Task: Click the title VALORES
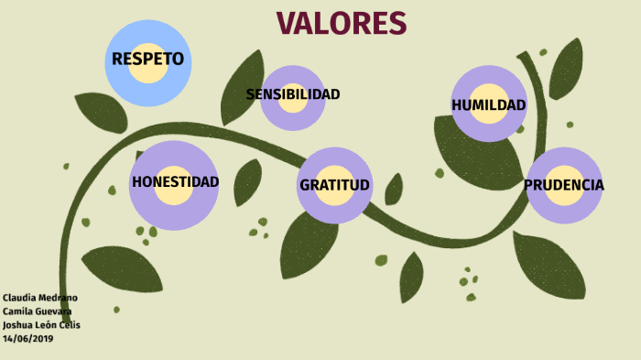pos(341,22)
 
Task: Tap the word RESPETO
pos(147,60)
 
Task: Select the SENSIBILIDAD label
pos(293,94)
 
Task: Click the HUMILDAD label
pos(489,105)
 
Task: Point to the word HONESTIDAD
pos(175,181)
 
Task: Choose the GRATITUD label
pos(334,185)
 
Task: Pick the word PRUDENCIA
pos(564,185)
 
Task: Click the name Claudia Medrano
pos(39,298)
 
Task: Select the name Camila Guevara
pos(38,311)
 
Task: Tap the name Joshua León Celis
pos(41,325)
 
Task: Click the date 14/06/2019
pos(28,338)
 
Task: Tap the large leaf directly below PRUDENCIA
pos(549,266)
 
